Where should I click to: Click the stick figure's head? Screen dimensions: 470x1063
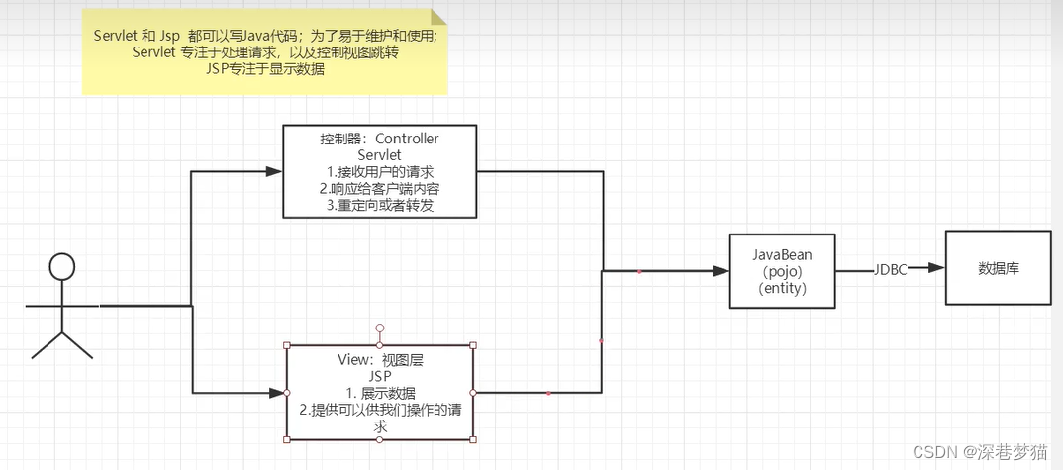point(62,266)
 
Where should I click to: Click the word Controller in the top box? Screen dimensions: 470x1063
point(407,139)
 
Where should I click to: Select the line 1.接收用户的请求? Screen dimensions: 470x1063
point(379,172)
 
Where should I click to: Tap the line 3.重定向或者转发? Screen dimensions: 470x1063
point(379,206)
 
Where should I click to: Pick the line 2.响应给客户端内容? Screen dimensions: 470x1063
point(379,189)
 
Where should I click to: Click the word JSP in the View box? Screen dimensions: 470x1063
point(380,377)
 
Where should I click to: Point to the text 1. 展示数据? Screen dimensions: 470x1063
point(380,394)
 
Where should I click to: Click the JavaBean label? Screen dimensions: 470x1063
point(782,253)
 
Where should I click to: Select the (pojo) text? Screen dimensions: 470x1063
point(782,271)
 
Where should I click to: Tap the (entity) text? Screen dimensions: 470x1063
point(782,289)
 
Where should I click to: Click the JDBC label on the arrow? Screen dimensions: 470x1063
point(890,270)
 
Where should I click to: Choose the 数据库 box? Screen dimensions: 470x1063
point(998,268)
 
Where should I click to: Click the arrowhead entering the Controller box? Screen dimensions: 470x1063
point(275,171)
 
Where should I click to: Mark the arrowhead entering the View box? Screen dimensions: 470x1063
point(278,393)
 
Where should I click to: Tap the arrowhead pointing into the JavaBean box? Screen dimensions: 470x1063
point(721,270)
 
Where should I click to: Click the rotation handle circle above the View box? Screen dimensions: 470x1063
point(379,328)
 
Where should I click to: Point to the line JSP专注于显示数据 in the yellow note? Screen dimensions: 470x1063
point(265,69)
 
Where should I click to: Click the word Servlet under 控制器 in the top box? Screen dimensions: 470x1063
point(379,155)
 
